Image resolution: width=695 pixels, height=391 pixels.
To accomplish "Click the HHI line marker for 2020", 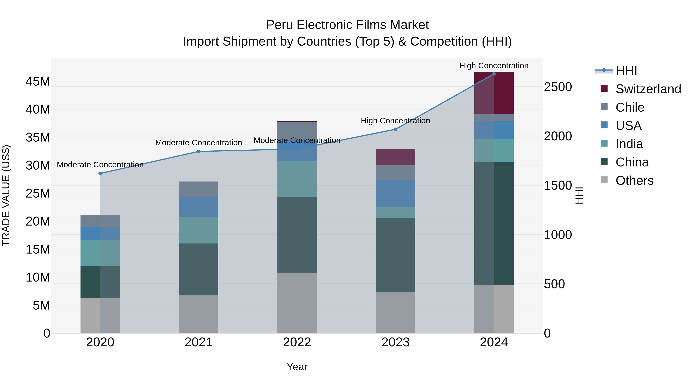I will [100, 174].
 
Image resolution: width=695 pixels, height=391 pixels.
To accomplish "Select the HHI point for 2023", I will [396, 129].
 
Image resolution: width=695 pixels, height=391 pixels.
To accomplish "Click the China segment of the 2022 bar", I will [297, 235].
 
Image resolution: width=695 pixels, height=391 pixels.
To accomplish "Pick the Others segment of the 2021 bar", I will [199, 314].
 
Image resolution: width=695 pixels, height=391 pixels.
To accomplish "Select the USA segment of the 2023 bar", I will [396, 193].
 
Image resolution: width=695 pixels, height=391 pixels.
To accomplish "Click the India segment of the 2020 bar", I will [100, 253].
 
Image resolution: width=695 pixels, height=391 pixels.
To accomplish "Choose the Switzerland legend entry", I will [648, 89].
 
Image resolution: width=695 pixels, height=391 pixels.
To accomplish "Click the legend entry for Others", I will [634, 181].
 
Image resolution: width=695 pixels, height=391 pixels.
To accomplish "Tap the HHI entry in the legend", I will [626, 71].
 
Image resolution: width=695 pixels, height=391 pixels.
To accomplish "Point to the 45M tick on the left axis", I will [38, 81].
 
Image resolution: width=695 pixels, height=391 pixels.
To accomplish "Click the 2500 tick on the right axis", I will [558, 87].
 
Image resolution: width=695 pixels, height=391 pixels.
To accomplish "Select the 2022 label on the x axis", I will [297, 342].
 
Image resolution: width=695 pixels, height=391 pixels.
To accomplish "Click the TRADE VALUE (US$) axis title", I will [6, 195].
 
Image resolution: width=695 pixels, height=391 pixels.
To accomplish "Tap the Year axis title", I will [297, 367].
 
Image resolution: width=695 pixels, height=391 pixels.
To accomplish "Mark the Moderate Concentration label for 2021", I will [199, 142].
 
